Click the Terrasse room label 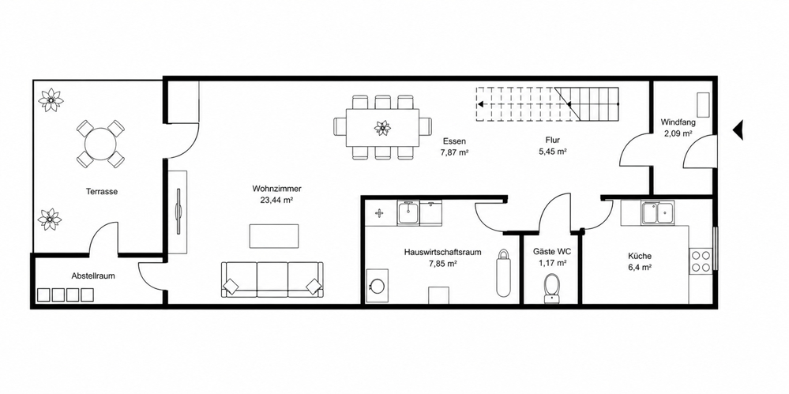[102, 191]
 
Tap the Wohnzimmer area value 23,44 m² [276, 199]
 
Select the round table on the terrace [100, 144]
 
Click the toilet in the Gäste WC [552, 289]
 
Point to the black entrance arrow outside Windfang [738, 129]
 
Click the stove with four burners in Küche [700, 261]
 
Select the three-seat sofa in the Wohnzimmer [272, 280]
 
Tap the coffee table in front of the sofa [274, 236]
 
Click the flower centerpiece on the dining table [382, 128]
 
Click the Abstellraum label [94, 276]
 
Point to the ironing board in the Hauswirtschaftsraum [502, 272]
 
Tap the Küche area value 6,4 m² [639, 268]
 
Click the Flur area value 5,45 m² [552, 151]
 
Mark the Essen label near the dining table [454, 141]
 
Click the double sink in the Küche [658, 212]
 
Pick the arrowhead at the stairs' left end [480, 105]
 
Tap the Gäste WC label [552, 252]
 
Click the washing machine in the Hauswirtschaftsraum [378, 285]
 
